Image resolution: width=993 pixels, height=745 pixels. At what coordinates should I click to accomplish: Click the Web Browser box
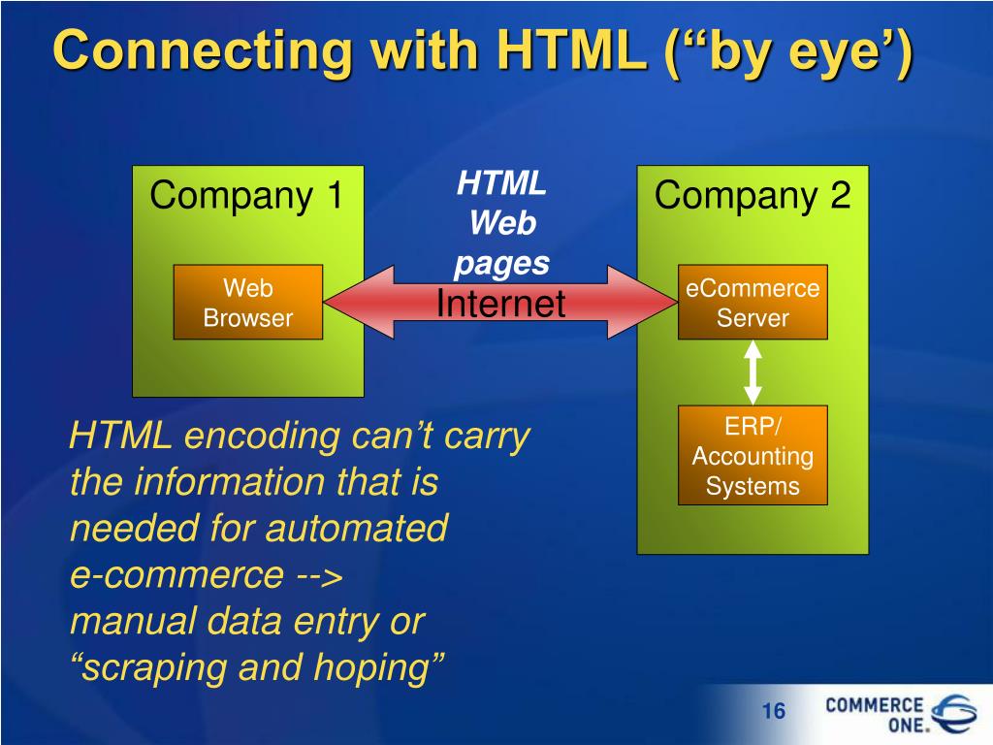point(247,303)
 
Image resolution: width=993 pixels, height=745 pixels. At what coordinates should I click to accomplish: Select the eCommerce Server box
point(753,303)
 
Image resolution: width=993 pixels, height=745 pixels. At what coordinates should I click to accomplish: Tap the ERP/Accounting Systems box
point(753,456)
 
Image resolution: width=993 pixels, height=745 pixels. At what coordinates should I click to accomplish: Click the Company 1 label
point(247,196)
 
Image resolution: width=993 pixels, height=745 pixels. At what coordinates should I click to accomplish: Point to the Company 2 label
point(753,196)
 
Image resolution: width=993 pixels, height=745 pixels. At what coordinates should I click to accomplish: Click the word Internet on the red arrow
point(500,305)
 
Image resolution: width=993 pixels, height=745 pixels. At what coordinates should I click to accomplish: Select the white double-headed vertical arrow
point(753,372)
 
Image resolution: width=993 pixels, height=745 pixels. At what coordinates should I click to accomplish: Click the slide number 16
point(773,712)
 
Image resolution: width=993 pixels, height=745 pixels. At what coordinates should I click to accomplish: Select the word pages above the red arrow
point(502,263)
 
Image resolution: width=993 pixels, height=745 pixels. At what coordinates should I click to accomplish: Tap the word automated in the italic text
point(357,529)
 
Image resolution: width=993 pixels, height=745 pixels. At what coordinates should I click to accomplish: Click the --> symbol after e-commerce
point(317,576)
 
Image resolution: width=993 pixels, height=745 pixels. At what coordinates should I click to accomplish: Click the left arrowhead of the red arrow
point(345,303)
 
